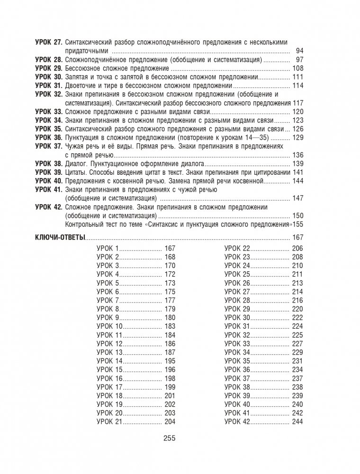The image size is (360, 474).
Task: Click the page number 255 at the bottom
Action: (169, 438)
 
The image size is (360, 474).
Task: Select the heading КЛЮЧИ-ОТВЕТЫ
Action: (60, 238)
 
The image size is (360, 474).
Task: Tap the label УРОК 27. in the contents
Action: (49, 42)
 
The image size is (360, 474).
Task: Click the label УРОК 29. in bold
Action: (49, 68)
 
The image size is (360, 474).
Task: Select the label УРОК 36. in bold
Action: (49, 137)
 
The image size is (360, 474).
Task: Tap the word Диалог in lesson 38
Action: (76, 163)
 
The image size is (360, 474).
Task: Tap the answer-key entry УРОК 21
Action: (110, 421)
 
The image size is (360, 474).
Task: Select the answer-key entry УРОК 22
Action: (237, 249)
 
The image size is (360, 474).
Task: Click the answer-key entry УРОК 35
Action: (237, 361)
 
